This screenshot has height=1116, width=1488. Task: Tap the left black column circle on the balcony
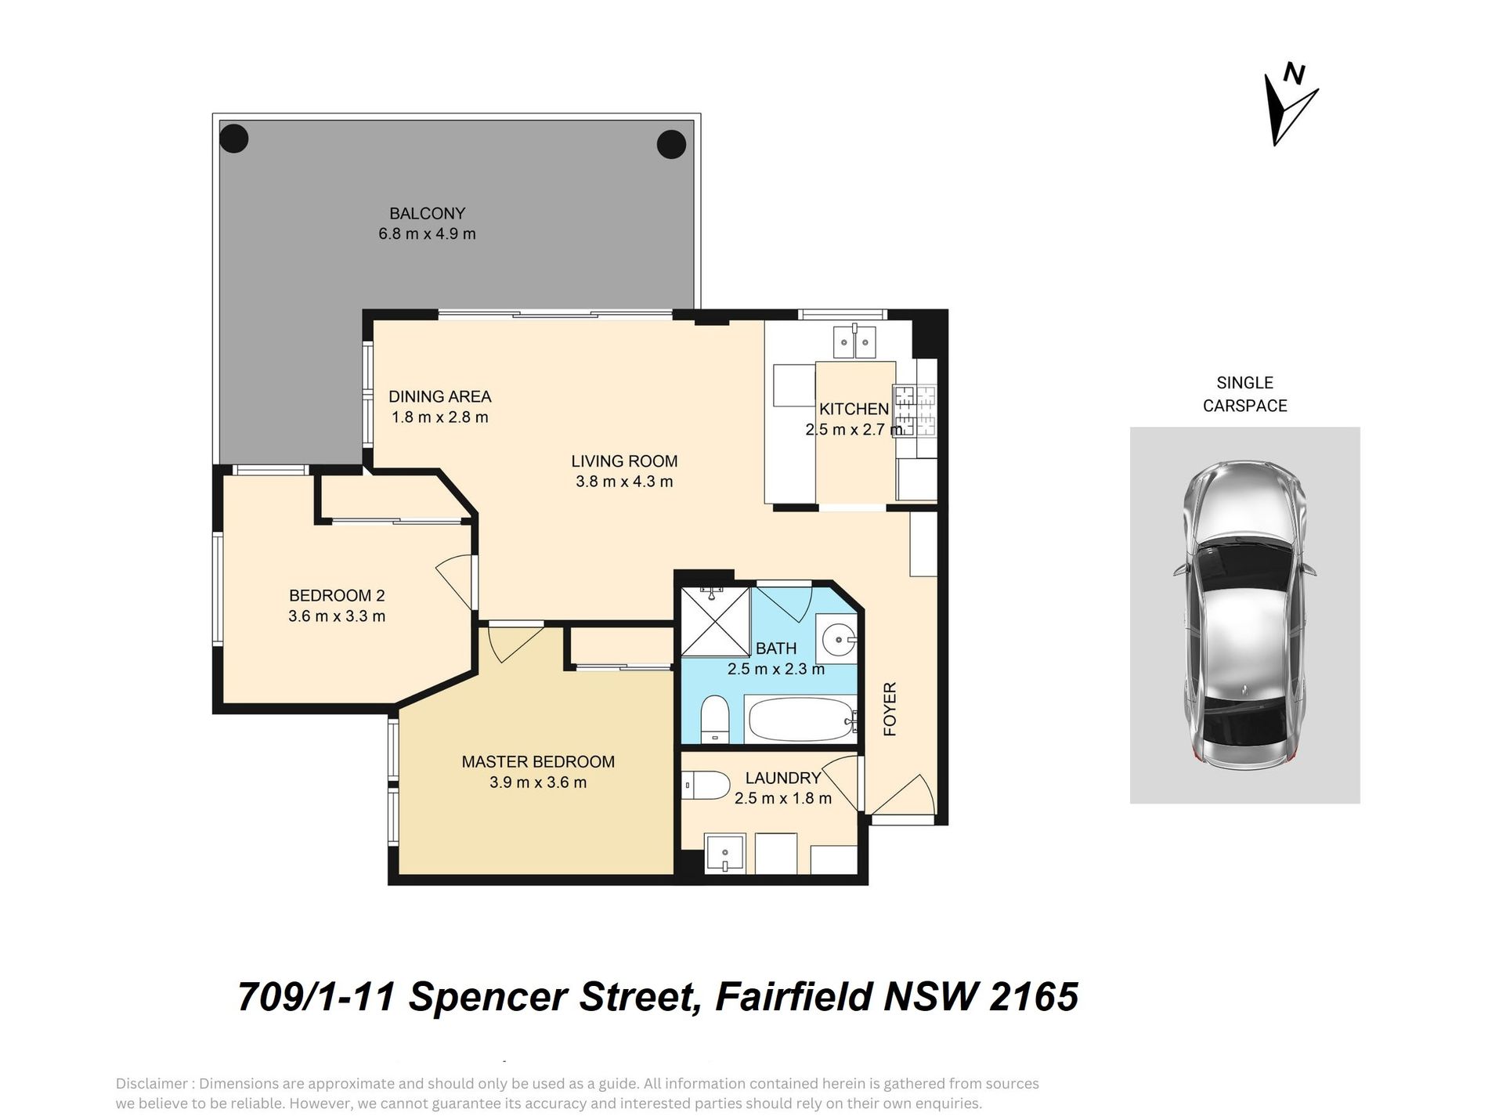pos(234,139)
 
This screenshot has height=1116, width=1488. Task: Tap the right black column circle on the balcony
pos(671,144)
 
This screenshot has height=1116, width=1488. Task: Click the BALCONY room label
pos(428,213)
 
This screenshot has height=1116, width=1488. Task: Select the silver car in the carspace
pos(1244,615)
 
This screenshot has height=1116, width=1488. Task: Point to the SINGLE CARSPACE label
pos(1245,394)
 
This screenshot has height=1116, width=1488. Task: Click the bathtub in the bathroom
pos(800,719)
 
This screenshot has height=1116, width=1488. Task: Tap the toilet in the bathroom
pos(714,719)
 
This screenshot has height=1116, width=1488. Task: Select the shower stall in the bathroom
pos(716,620)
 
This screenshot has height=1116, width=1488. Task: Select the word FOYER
pos(890,710)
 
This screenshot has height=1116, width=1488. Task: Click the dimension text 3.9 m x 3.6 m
pos(538,782)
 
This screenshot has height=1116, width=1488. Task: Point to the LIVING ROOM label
pos(624,461)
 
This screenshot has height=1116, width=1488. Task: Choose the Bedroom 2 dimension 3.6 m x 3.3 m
pos(337,616)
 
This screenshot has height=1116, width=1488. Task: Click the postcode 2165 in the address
pos(1034,997)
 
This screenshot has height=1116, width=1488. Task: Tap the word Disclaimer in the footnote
pos(152,1084)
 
